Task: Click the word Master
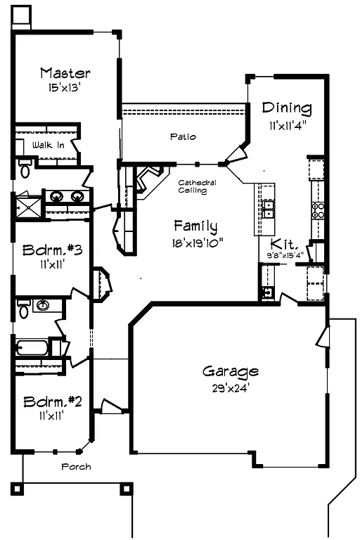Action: pos(65,73)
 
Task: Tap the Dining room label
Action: pos(286,108)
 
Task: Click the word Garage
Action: pos(230,371)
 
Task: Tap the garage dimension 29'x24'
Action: pos(230,386)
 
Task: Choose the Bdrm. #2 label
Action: pos(53,401)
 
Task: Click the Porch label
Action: pos(75,466)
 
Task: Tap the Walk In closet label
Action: pos(49,145)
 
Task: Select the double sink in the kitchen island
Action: pos(268,207)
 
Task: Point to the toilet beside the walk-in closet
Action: pos(25,169)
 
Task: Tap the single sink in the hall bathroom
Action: pos(44,306)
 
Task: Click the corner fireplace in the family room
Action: pos(150,179)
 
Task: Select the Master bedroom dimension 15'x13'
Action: pos(65,89)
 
